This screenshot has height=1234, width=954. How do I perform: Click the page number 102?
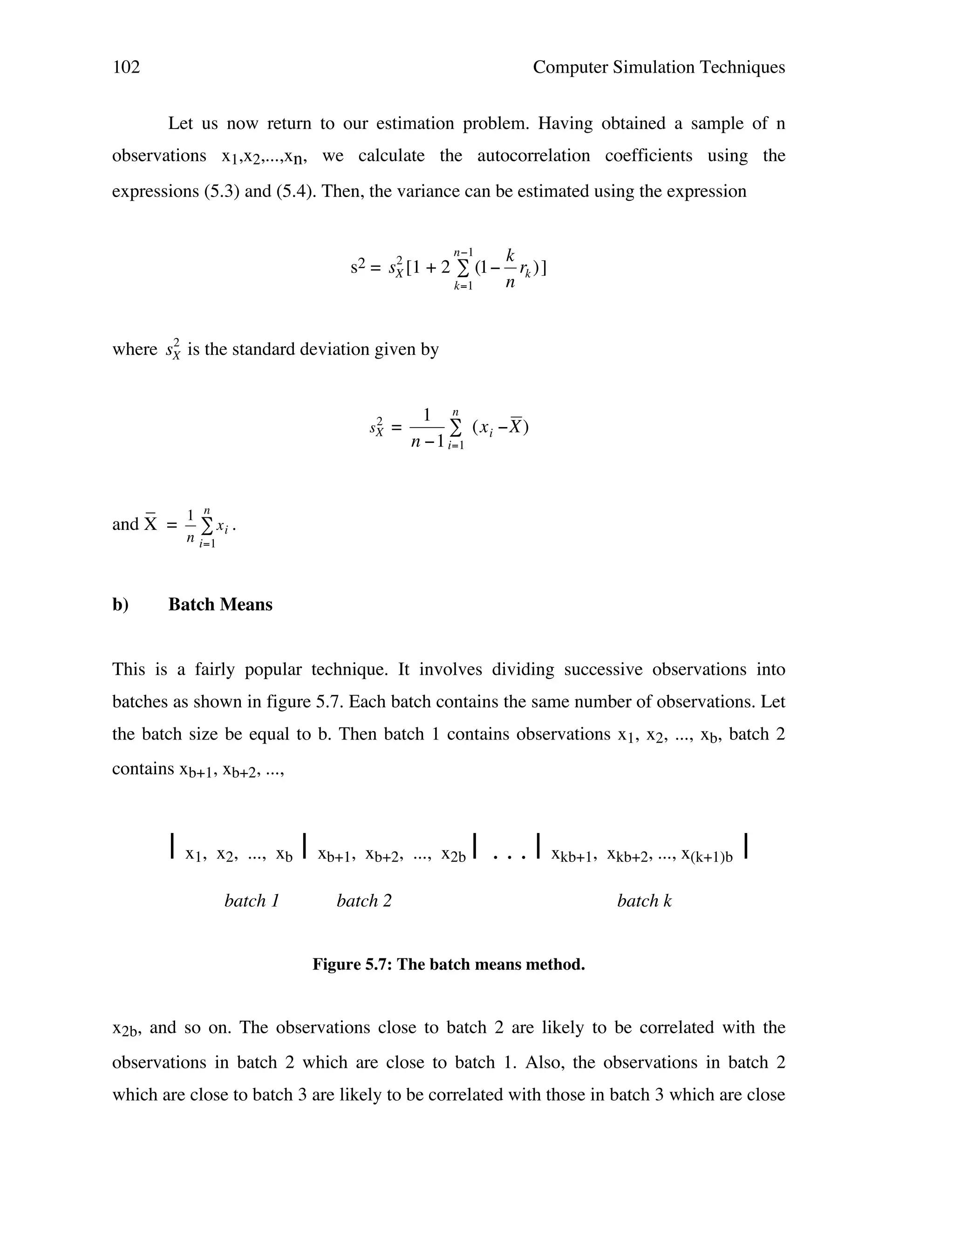point(126,67)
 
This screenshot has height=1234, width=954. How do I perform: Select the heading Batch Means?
point(220,604)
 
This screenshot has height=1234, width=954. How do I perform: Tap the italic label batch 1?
point(252,901)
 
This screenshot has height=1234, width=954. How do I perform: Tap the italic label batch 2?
point(364,901)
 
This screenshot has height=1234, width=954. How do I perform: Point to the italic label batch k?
point(644,901)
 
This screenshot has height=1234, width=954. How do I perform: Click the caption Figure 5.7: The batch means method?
point(449,964)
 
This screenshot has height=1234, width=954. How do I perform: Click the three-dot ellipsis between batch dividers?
point(510,857)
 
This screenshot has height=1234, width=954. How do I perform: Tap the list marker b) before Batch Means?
point(120,604)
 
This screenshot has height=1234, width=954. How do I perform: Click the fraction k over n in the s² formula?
point(510,268)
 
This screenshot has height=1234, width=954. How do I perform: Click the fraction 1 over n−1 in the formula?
point(427,428)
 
